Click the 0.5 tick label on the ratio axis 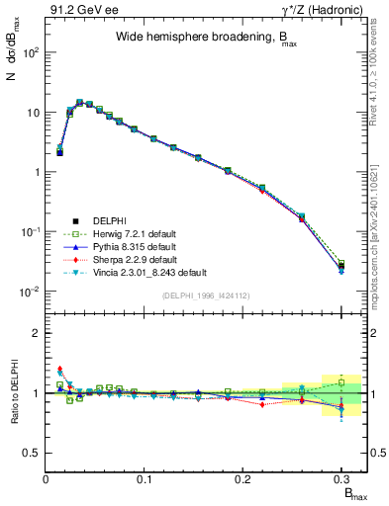[31, 453]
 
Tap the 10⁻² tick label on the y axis [29, 292]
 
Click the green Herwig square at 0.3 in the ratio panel [341, 381]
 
